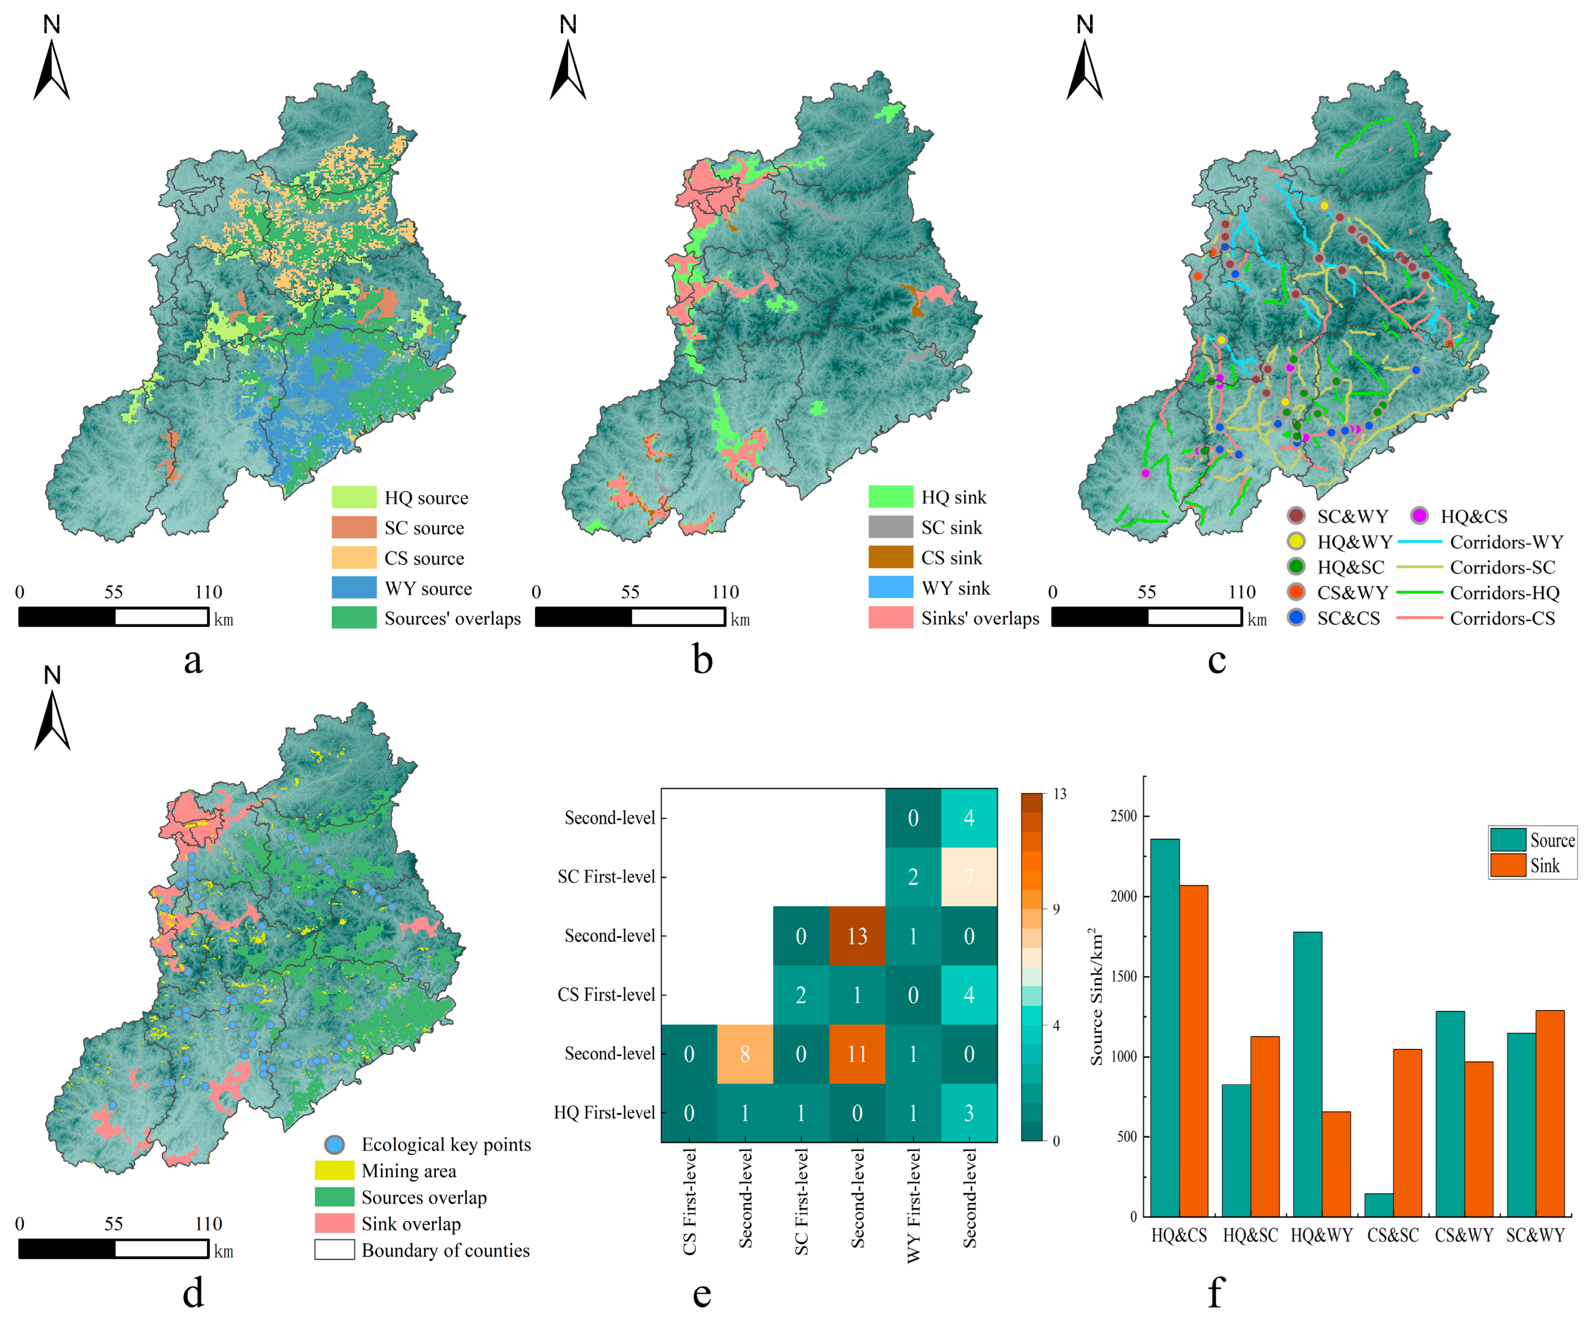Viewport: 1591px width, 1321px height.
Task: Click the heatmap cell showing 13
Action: [x=857, y=936]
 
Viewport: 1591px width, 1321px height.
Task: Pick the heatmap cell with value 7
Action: [x=969, y=877]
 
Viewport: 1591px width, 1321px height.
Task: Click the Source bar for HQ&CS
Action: [x=1165, y=1027]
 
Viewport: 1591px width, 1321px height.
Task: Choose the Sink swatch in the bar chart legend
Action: [x=1508, y=866]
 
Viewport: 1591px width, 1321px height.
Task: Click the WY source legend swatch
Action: [x=354, y=588]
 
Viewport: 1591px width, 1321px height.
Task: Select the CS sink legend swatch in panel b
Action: [x=890, y=558]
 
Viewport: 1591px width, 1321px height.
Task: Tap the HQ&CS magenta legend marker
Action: [x=1419, y=516]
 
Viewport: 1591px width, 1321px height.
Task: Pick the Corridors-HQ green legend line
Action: [x=1419, y=593]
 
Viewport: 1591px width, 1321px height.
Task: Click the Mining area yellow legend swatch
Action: [x=334, y=1171]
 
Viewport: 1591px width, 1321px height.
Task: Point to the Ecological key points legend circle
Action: [x=334, y=1145]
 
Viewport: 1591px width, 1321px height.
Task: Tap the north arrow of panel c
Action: [x=1084, y=61]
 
